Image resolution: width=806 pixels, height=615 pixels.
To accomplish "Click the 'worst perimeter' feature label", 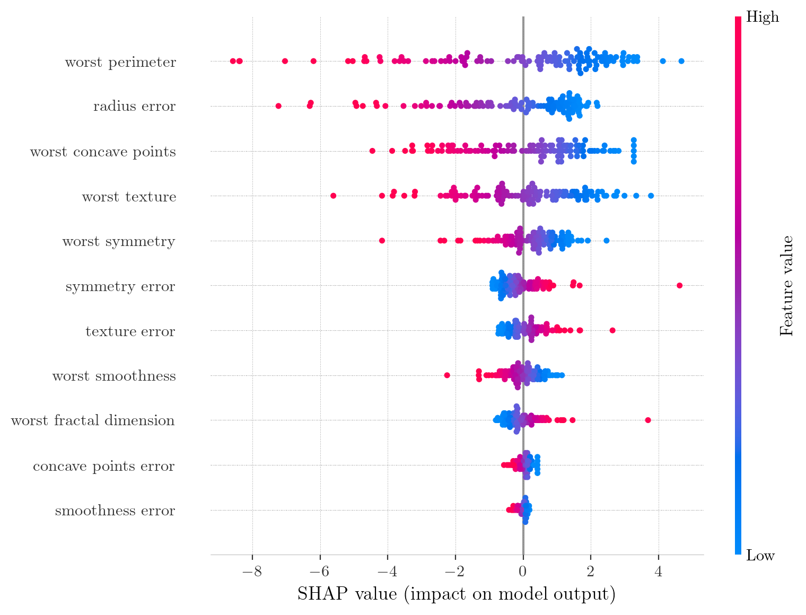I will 120,63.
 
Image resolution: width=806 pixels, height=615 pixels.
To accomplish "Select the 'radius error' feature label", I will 134,107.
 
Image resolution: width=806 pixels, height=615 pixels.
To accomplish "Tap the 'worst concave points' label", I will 103,152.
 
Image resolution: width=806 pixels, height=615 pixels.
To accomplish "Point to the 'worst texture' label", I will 129,197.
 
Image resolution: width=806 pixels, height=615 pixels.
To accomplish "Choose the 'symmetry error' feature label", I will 120,287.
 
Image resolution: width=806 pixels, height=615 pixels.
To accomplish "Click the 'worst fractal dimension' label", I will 93,421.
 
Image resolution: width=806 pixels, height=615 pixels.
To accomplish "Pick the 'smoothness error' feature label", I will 115,511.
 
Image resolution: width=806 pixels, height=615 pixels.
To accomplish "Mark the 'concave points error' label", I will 104,466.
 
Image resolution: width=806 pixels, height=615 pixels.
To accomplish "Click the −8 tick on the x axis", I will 252,573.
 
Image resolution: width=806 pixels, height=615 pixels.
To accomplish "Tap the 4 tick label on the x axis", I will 659,573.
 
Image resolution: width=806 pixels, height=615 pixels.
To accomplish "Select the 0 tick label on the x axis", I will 523,573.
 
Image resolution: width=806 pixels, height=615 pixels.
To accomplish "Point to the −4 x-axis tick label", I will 387,573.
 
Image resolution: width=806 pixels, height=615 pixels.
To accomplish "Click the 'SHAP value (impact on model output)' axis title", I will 456,594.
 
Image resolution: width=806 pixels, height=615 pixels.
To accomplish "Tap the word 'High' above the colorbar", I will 763,17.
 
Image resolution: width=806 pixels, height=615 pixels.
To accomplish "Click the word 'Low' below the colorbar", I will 760,556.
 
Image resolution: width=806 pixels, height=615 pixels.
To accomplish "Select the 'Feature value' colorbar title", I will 787,286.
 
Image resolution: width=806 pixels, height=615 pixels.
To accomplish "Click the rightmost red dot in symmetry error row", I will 680,286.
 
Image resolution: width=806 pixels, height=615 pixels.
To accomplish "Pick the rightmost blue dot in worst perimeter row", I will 681,61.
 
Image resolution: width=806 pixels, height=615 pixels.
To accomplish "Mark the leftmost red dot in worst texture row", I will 333,196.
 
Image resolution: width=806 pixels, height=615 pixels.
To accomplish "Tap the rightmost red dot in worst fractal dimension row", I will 648,420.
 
